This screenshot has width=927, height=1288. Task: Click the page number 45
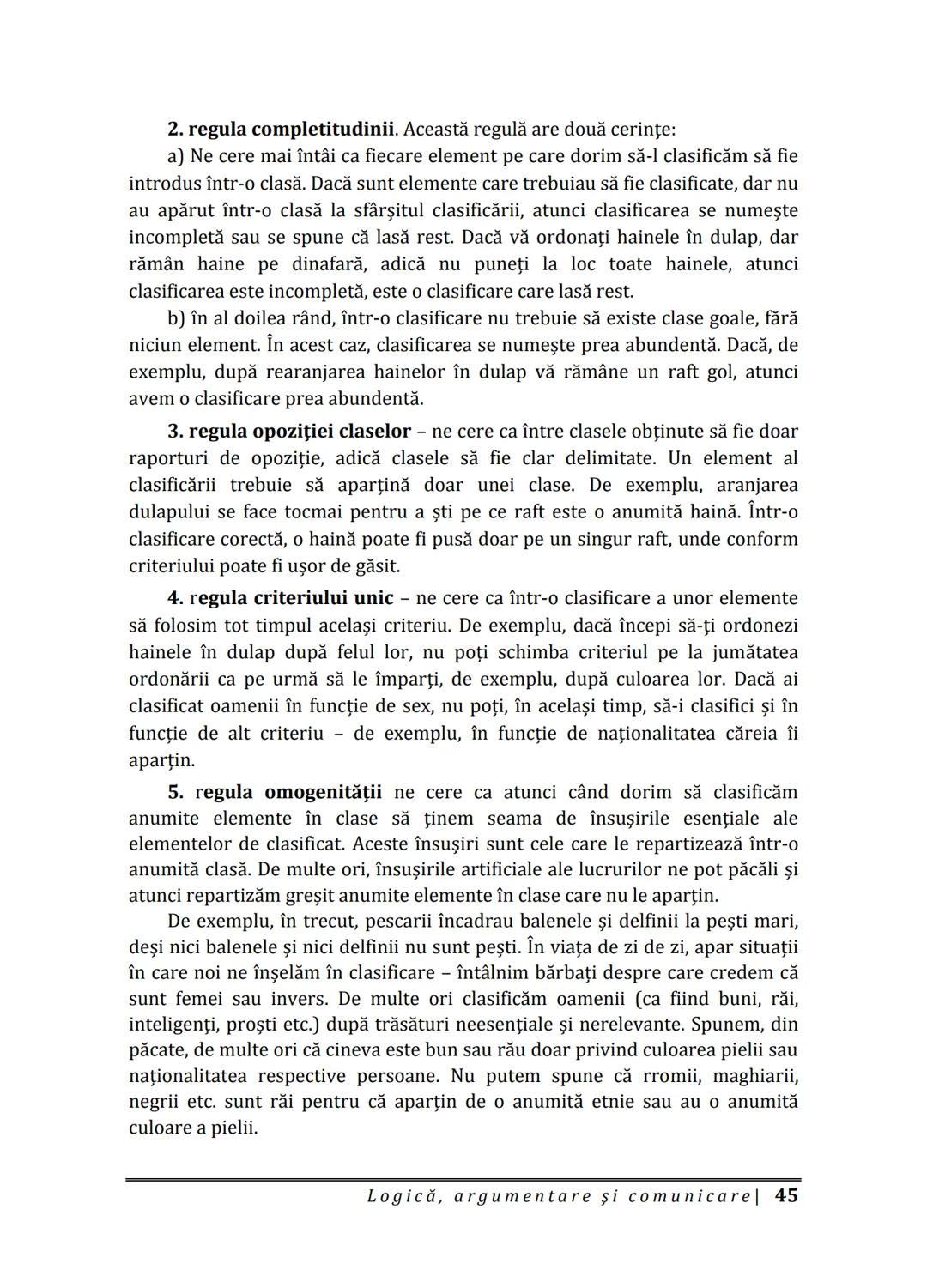pyautogui.click(x=785, y=1195)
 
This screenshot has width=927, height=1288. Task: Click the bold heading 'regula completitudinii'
pyautogui.click(x=281, y=130)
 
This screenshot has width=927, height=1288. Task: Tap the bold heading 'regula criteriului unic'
pyautogui.click(x=280, y=598)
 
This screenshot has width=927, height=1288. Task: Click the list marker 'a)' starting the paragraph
pyautogui.click(x=176, y=156)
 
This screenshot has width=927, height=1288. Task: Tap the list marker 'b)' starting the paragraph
pyautogui.click(x=177, y=318)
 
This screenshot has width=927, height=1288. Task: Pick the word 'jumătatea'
pyautogui.click(x=754, y=652)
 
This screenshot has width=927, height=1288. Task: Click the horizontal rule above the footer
pyautogui.click(x=463, y=1180)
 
